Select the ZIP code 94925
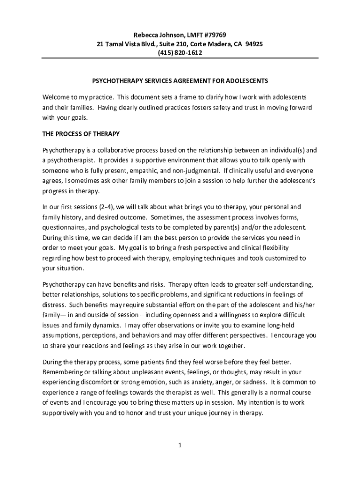(254, 44)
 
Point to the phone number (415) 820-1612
(180, 53)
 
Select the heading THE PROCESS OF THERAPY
(81, 134)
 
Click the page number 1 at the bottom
(180, 445)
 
